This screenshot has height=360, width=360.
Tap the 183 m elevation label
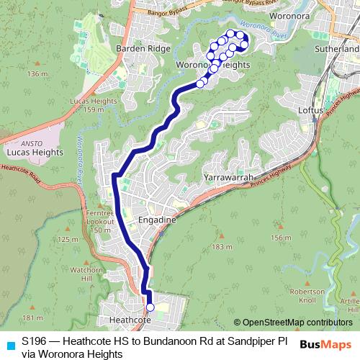[x=220, y=246]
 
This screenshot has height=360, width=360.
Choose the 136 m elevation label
[x=36, y=74]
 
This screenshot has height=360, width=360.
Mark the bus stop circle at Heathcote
[x=150, y=307]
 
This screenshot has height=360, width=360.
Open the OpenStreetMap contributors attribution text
[x=296, y=323]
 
